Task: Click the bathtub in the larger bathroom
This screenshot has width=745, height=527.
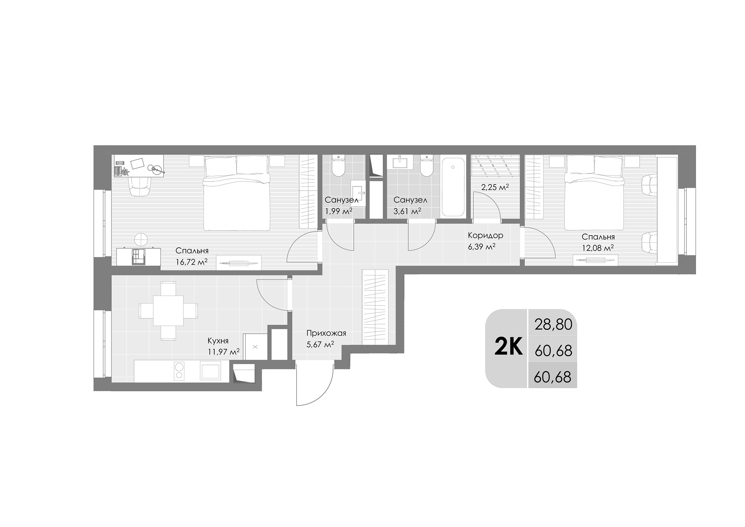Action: [x=453, y=187]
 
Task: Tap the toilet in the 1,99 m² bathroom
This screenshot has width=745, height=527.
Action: [x=339, y=166]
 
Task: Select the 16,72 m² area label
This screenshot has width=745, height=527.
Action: [x=192, y=262]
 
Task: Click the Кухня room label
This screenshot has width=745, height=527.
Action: [x=218, y=341]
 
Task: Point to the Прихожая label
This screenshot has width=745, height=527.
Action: [x=326, y=333]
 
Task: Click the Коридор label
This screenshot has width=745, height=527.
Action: [x=485, y=235]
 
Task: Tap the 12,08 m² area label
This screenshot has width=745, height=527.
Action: [x=598, y=248]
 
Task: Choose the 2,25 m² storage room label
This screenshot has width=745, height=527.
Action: [x=495, y=187]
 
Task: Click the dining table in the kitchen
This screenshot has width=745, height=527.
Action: [x=168, y=311]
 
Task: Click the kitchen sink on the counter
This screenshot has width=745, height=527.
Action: [x=210, y=371]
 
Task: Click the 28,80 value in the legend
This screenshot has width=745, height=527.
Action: [x=553, y=324]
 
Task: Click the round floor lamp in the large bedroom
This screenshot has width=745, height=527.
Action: [x=141, y=239]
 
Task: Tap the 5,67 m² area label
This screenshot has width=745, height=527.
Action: [x=320, y=344]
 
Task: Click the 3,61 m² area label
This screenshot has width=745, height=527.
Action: [x=407, y=212]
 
